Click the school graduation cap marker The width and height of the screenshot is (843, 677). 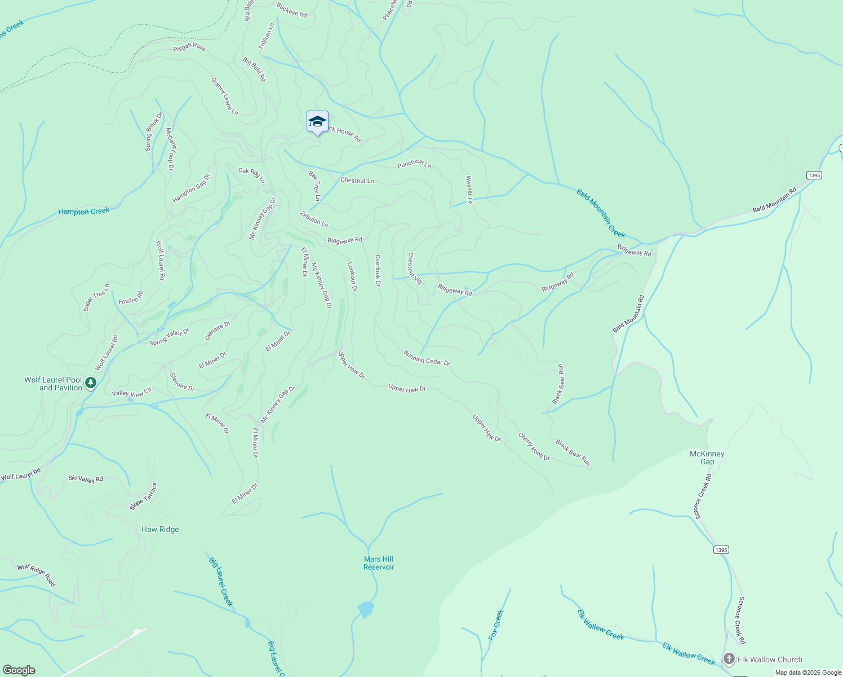[317, 122]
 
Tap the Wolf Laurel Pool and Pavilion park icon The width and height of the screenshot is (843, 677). [91, 384]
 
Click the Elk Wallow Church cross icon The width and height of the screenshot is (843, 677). [729, 659]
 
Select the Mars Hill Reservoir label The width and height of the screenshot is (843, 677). [379, 563]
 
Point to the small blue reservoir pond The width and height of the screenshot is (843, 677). [365, 609]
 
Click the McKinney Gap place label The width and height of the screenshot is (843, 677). [707, 458]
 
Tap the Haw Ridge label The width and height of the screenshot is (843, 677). [160, 529]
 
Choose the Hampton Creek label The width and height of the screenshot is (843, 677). [84, 212]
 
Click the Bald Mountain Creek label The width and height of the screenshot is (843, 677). [601, 213]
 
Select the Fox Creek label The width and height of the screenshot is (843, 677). [496, 625]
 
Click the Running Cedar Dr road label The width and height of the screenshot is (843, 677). [427, 358]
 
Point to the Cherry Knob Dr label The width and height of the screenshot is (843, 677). [534, 446]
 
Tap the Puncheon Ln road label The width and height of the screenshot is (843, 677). [414, 164]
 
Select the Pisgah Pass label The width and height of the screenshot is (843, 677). [189, 47]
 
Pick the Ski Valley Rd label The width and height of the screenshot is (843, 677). [86, 478]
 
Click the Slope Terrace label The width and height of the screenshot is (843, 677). [143, 496]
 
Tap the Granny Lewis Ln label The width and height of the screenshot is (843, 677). [224, 96]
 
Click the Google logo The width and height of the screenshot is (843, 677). [19, 670]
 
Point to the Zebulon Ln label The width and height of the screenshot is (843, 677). [314, 219]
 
